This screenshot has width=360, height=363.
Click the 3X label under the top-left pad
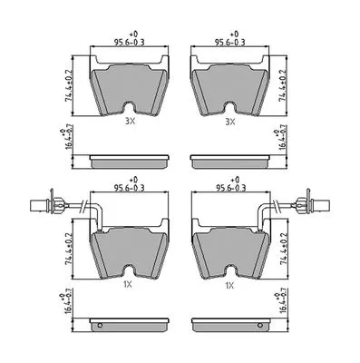click(131, 122)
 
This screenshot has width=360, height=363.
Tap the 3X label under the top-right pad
click(230, 122)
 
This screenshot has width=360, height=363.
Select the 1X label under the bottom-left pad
click(128, 284)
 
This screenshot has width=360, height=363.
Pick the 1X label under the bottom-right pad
click(229, 285)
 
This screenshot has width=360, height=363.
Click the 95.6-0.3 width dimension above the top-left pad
click(130, 43)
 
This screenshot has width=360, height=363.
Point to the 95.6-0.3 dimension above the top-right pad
click(229, 43)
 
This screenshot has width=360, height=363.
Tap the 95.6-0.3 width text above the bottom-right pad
click(230, 188)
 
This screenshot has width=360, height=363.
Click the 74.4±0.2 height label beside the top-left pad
click(69, 85)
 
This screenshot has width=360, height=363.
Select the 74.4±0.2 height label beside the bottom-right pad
click(284, 249)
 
